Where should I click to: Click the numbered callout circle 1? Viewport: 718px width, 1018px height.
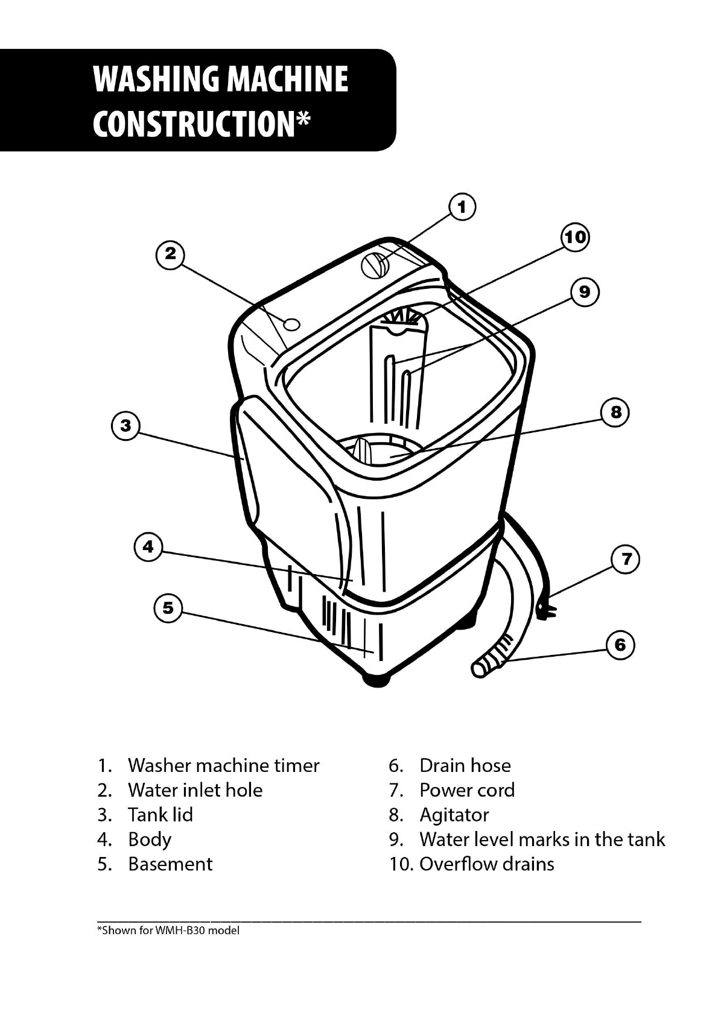point(462,207)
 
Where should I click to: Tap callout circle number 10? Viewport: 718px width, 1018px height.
point(575,237)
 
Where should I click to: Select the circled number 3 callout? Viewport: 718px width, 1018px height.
point(125,426)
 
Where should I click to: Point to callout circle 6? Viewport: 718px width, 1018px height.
point(620,645)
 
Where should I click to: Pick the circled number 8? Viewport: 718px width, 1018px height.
point(615,413)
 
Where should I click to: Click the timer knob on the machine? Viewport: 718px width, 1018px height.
point(376,265)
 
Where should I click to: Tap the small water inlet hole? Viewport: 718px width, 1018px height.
point(291,324)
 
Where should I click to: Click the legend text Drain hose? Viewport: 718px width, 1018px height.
point(465,765)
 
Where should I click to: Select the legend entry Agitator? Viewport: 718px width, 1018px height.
point(454,815)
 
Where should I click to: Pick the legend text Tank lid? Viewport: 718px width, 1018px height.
point(160,814)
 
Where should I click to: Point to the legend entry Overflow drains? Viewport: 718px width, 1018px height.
point(486,864)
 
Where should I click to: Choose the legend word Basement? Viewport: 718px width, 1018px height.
point(170,864)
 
